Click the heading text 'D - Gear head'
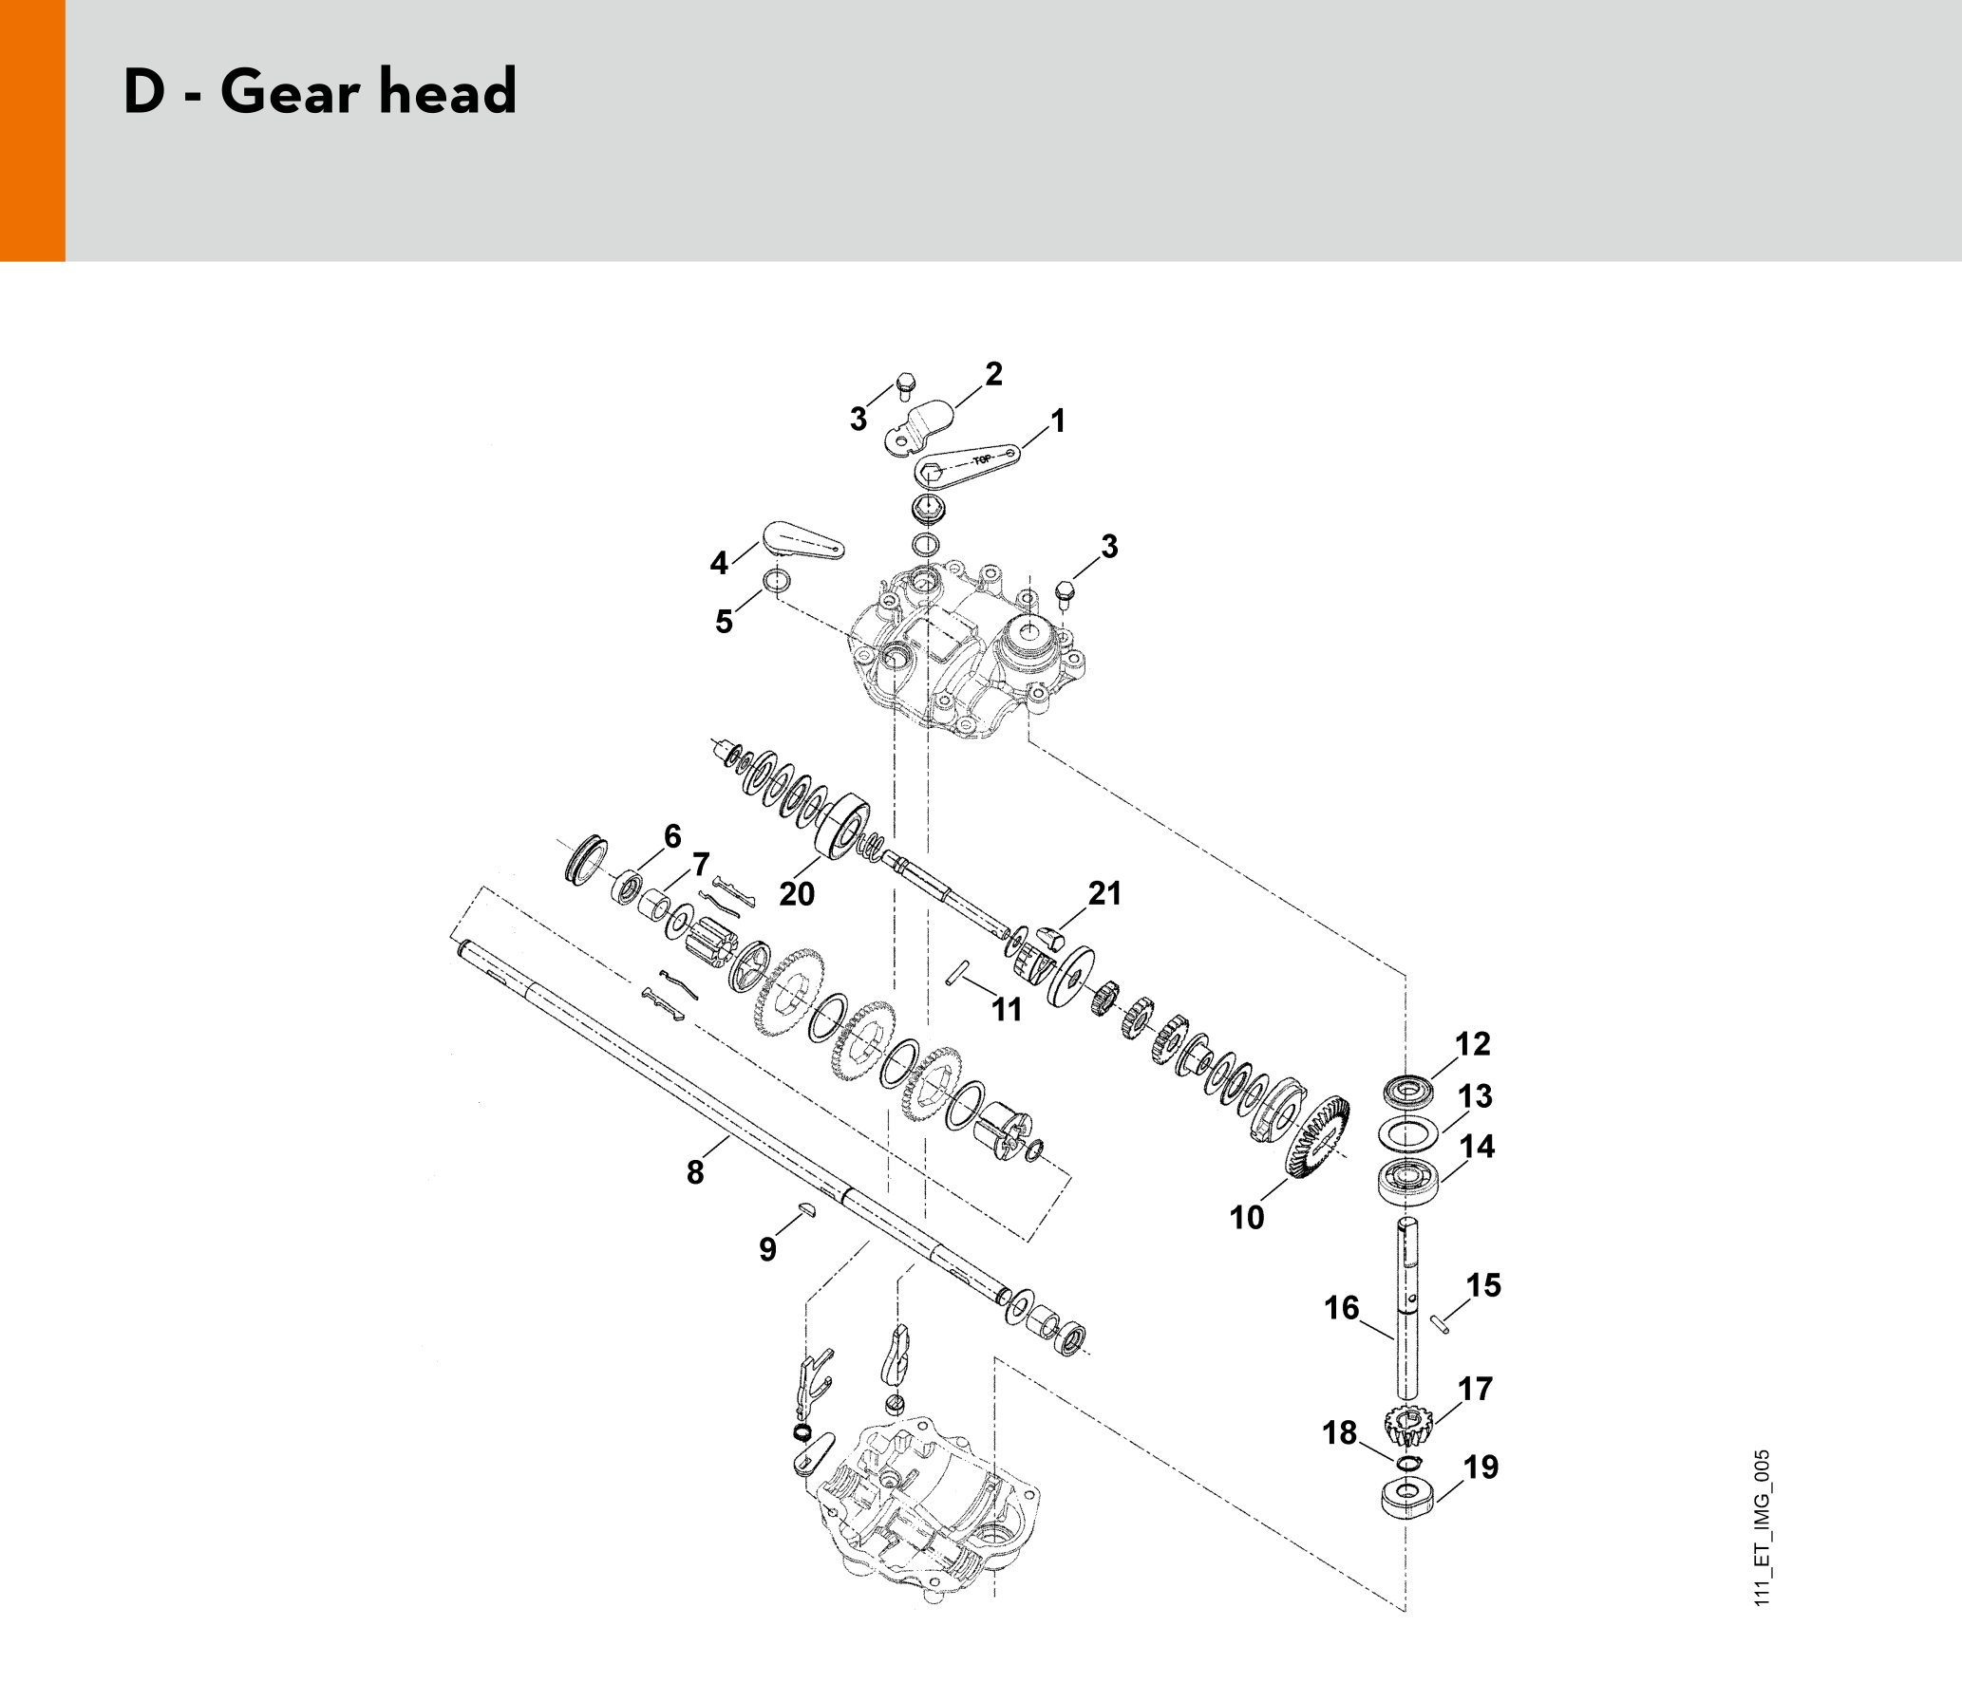point(320,91)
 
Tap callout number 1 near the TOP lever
point(1058,421)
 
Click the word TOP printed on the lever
point(982,460)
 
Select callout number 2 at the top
point(993,374)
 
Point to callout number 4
point(719,563)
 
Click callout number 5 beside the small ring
point(724,622)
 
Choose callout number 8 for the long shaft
point(695,1172)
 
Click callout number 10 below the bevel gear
point(1247,1217)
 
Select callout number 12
point(1473,1044)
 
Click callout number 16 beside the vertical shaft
point(1342,1308)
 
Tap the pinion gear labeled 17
point(1407,1425)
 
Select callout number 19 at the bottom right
point(1481,1467)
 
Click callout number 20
point(797,894)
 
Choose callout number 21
point(1104,893)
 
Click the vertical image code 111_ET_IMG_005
point(1763,1527)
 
